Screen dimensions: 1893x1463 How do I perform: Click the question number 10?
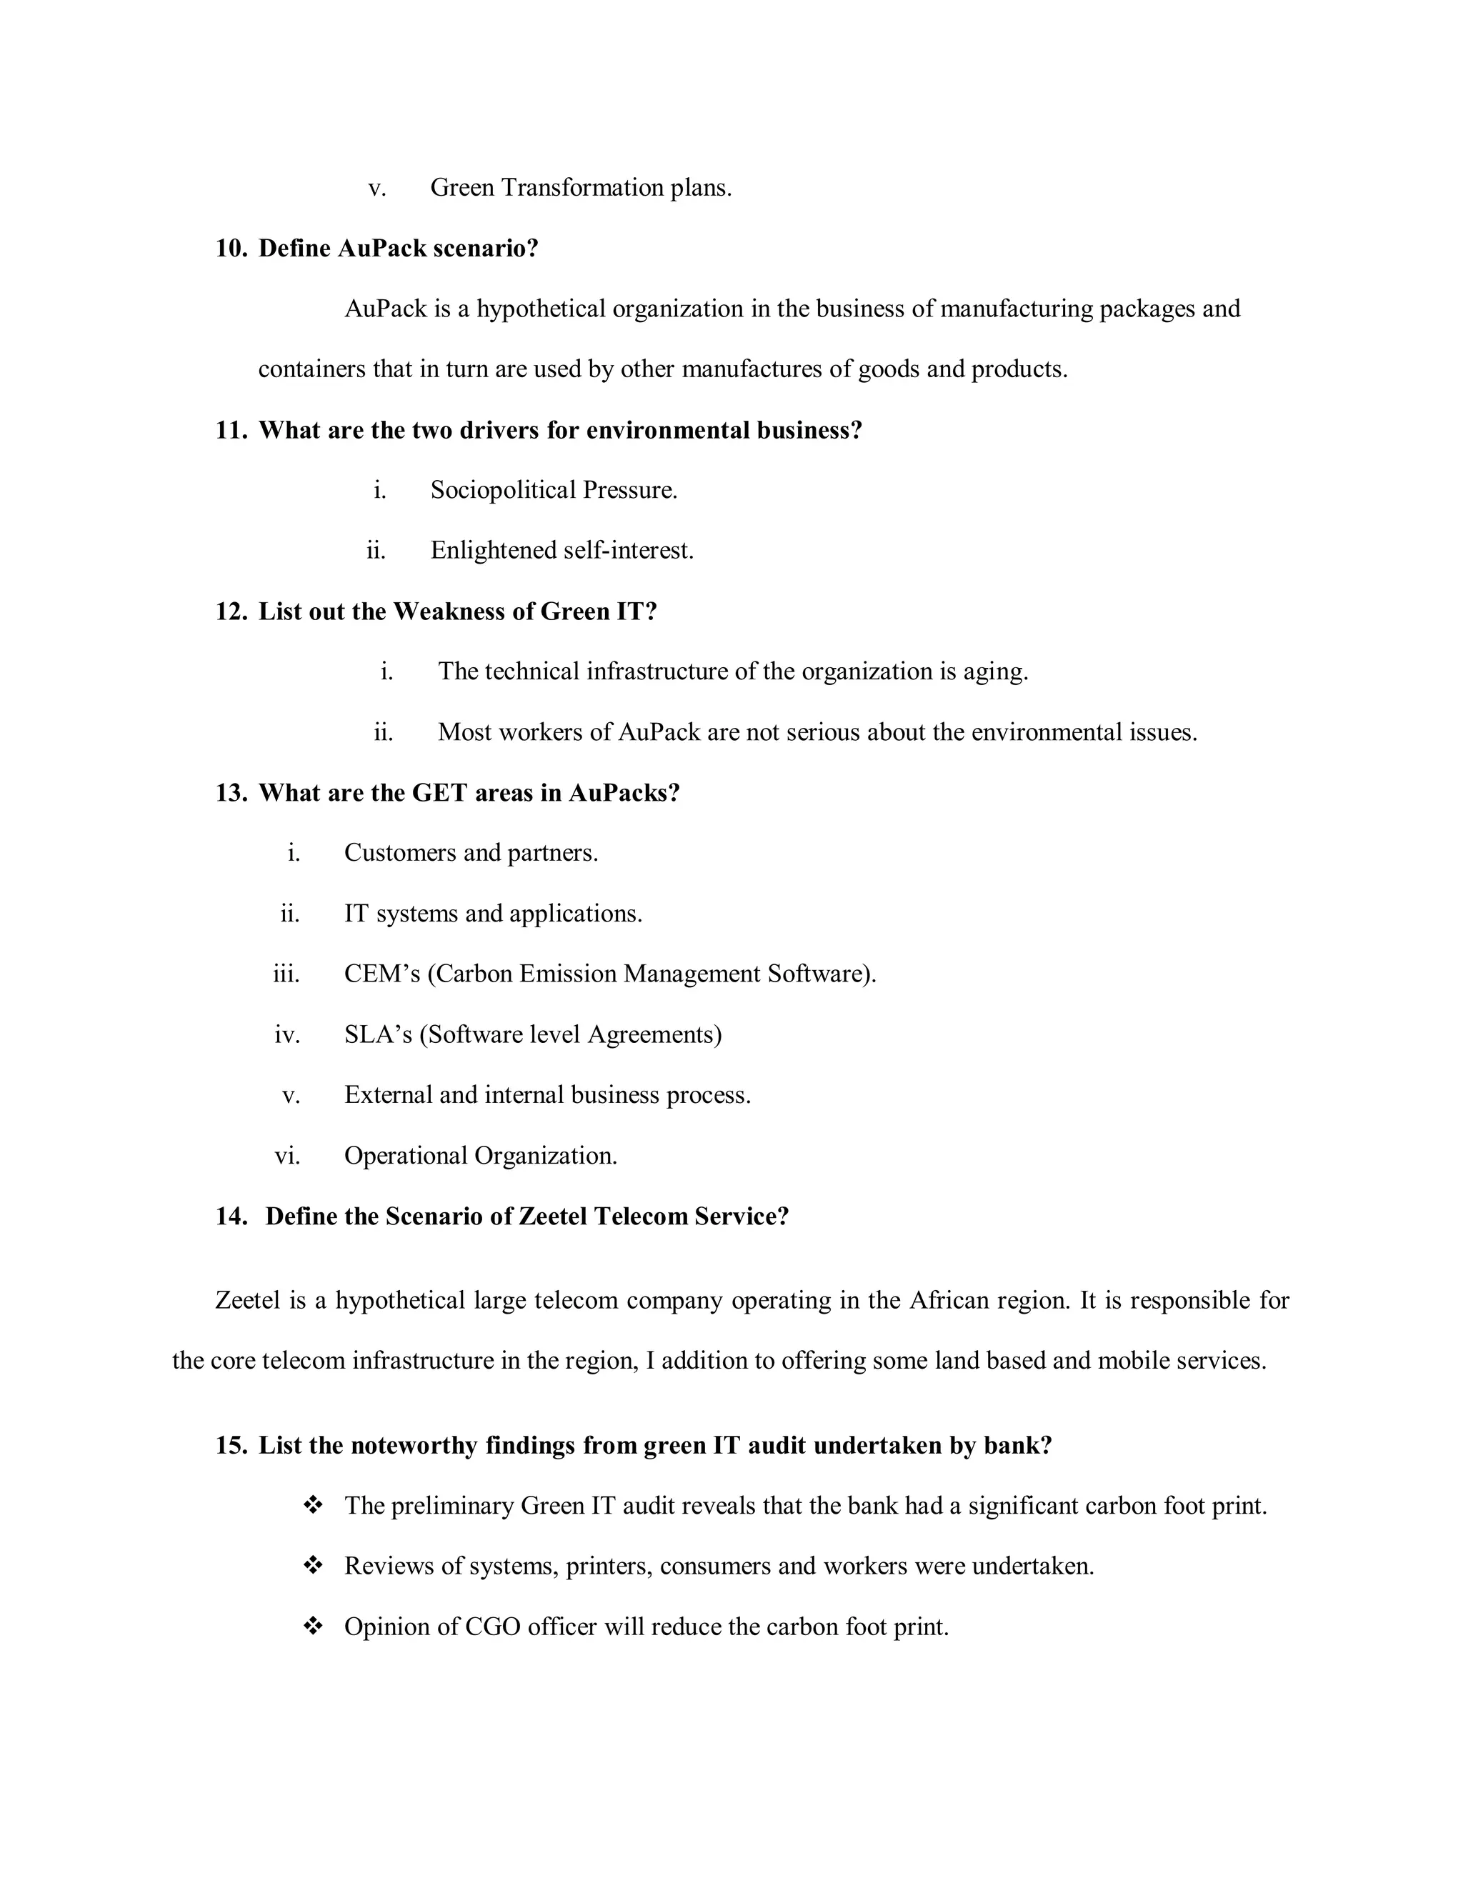pyautogui.click(x=231, y=249)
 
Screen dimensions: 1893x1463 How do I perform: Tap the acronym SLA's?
pyautogui.click(x=378, y=1035)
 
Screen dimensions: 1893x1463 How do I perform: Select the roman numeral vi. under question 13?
pyautogui.click(x=287, y=1157)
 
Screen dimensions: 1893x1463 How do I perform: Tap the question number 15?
pyautogui.click(x=231, y=1446)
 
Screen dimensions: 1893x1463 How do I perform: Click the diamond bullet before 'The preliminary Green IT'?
pyautogui.click(x=313, y=1506)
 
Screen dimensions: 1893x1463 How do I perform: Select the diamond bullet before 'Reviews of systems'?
pyautogui.click(x=313, y=1565)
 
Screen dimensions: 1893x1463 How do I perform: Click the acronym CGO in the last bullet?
pyautogui.click(x=492, y=1627)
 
